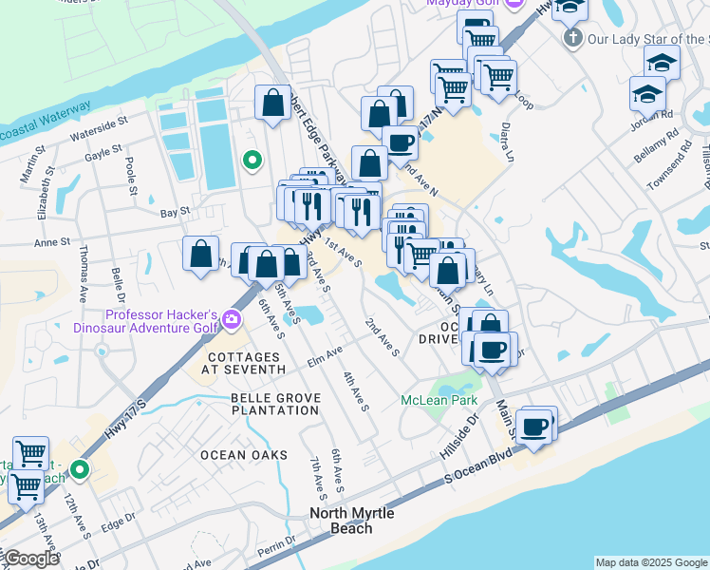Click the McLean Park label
pyautogui.click(x=439, y=400)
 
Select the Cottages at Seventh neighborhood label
pyautogui.click(x=244, y=362)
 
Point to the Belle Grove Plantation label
pyautogui.click(x=274, y=404)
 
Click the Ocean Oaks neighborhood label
pyautogui.click(x=243, y=455)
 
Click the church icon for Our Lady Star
pyautogui.click(x=571, y=39)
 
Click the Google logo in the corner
pyautogui.click(x=30, y=559)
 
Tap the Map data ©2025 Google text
pyautogui.click(x=651, y=562)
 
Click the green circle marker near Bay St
pyautogui.click(x=252, y=161)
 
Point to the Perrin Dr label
pyautogui.click(x=275, y=544)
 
